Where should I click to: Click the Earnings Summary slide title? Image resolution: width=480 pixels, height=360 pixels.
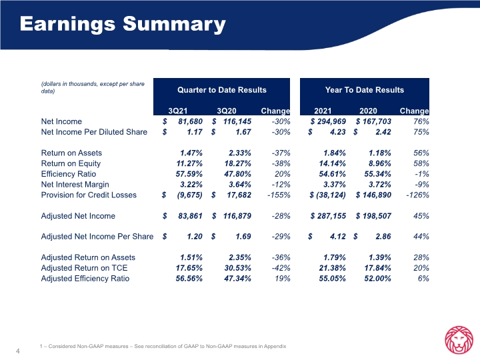pyautogui.click(x=123, y=24)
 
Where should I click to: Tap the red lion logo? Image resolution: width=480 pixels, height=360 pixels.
pyautogui.click(x=459, y=340)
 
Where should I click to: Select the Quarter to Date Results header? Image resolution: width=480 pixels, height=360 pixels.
pyautogui.click(x=221, y=90)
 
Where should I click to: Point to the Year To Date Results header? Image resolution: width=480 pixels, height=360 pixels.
pyautogui.click(x=364, y=90)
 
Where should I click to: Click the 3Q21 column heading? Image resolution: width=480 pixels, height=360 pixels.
pyautogui.click(x=177, y=111)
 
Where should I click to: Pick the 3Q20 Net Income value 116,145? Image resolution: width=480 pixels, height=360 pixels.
pyautogui.click(x=237, y=121)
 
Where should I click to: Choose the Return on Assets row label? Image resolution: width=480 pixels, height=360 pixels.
pyautogui.click(x=71, y=153)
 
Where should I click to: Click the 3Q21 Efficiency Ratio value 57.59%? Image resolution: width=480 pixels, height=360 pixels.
pyautogui.click(x=189, y=174)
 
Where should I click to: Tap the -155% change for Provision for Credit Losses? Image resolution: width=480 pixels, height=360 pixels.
pyautogui.click(x=279, y=195)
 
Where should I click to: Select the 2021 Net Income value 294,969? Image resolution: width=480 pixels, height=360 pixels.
pyautogui.click(x=331, y=121)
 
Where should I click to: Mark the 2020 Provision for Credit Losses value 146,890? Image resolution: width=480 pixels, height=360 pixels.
pyautogui.click(x=377, y=195)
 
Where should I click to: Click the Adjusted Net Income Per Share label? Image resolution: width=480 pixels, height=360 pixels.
pyautogui.click(x=97, y=237)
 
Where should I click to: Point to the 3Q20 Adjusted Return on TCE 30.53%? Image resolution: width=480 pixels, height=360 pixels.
pyautogui.click(x=237, y=268)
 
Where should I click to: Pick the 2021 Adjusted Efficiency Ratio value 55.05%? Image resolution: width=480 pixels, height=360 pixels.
pyautogui.click(x=332, y=278)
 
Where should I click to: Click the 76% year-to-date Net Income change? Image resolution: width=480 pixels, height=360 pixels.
pyautogui.click(x=421, y=121)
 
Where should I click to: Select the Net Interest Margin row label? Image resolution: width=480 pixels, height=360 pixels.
pyautogui.click(x=75, y=185)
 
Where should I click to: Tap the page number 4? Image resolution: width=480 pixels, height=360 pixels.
pyautogui.click(x=18, y=351)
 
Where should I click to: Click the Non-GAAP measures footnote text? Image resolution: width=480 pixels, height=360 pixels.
pyautogui.click(x=163, y=346)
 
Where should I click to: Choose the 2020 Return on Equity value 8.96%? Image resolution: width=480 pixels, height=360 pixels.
pyautogui.click(x=379, y=163)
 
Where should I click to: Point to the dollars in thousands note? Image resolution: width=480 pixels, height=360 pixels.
pyautogui.click(x=93, y=87)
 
